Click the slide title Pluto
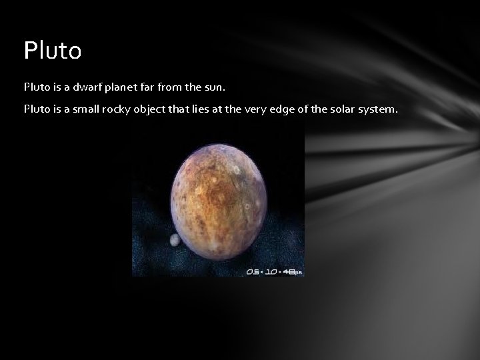(52, 51)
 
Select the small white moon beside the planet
(175, 240)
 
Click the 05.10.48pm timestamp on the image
(273, 271)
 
